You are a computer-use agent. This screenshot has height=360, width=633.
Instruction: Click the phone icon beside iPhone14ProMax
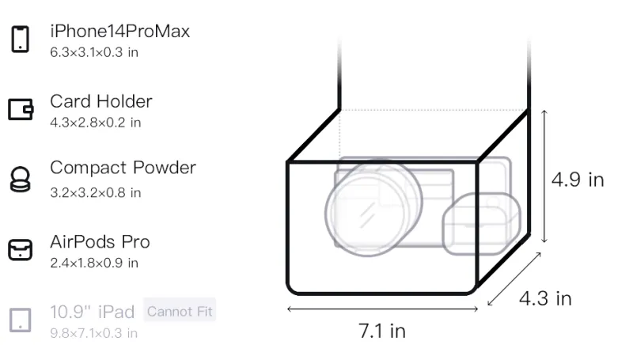pyautogui.click(x=21, y=39)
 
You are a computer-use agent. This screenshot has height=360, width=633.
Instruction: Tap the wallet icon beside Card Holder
pyautogui.click(x=21, y=109)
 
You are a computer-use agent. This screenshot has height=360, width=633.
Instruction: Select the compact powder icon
pyautogui.click(x=20, y=179)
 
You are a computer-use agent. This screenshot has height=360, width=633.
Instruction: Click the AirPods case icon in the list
pyautogui.click(x=21, y=249)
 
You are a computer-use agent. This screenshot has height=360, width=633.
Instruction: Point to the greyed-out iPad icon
pyautogui.click(x=21, y=320)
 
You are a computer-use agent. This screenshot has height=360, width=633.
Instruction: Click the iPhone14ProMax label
pyautogui.click(x=120, y=31)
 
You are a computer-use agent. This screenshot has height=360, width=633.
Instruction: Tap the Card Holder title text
pyautogui.click(x=101, y=101)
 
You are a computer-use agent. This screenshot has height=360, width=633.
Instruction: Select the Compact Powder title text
pyautogui.click(x=123, y=168)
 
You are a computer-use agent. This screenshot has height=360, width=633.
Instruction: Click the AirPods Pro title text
pyautogui.click(x=100, y=242)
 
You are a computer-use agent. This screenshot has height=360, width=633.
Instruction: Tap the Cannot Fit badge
pyautogui.click(x=180, y=311)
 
